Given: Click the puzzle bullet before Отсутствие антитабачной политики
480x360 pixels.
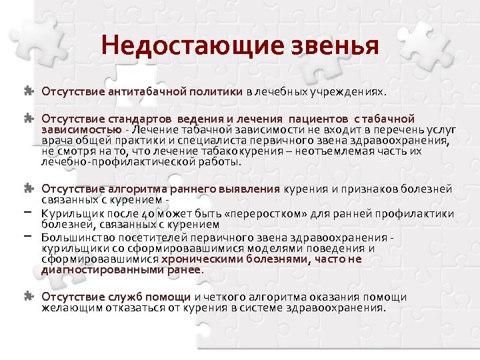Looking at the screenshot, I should point(29,89).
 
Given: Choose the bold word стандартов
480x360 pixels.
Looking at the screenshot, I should point(139,119).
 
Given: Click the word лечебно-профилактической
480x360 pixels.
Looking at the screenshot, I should point(105,161).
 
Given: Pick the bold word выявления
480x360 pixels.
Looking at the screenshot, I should point(249,189).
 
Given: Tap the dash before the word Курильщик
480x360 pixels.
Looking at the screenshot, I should point(30,211).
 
